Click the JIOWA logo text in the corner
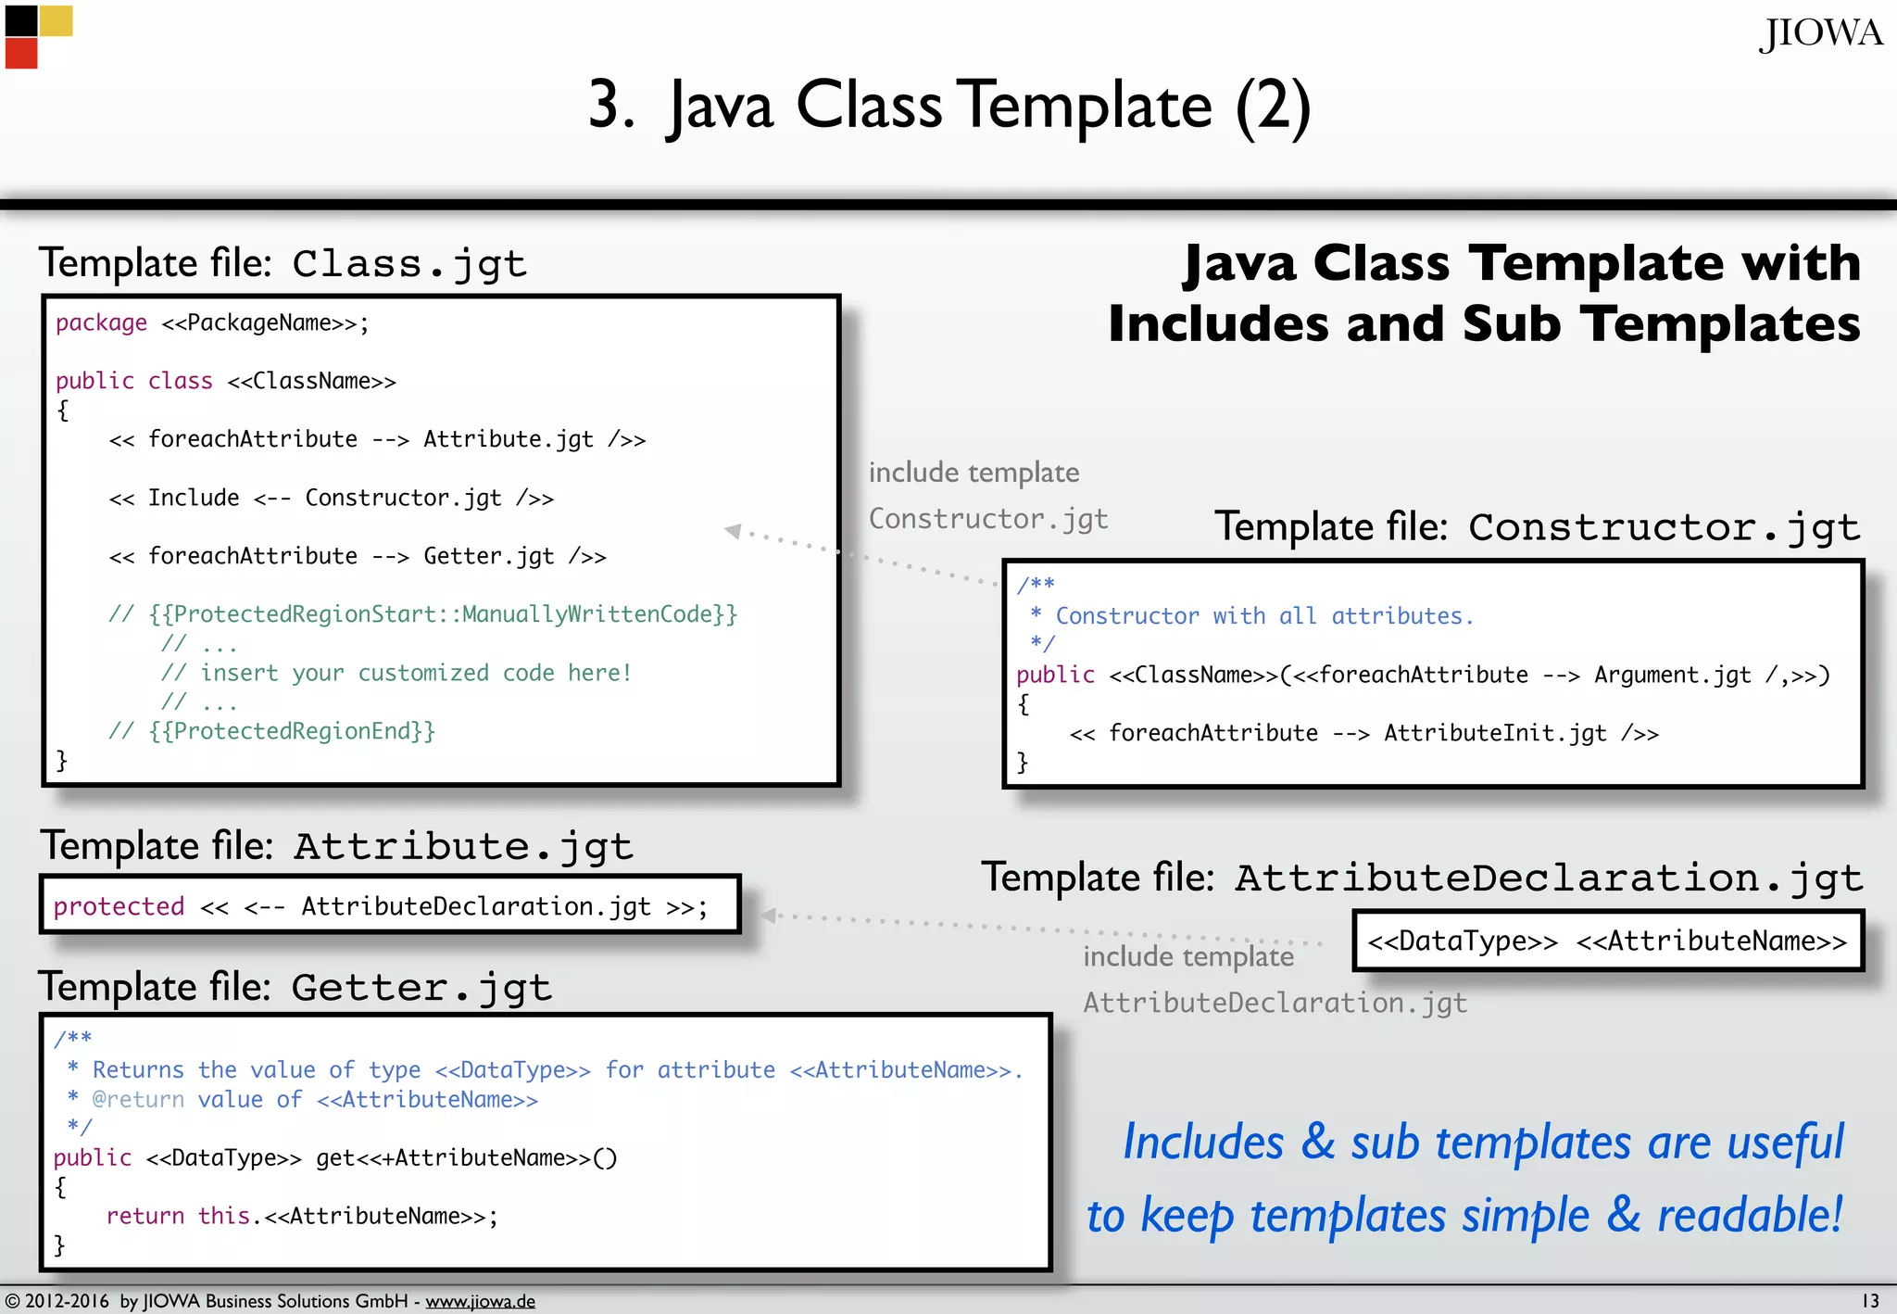1820,34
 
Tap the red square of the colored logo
21,54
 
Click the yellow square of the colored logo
56,20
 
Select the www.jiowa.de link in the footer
480,1301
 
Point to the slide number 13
1870,1300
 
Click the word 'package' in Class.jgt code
101,322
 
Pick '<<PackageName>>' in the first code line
259,322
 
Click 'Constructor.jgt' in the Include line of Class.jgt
403,498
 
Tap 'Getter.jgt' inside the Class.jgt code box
488,556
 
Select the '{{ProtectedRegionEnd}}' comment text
292,731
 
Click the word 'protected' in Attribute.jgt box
119,906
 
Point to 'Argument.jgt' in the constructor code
1672,675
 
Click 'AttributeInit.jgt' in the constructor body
1495,733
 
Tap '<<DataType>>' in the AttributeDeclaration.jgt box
1463,941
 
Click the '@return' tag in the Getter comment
138,1100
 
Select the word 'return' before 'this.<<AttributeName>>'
145,1216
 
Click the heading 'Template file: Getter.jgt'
295,987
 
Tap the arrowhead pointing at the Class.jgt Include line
733,530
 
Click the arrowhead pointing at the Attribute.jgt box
768,916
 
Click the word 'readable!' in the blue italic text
1750,1215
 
